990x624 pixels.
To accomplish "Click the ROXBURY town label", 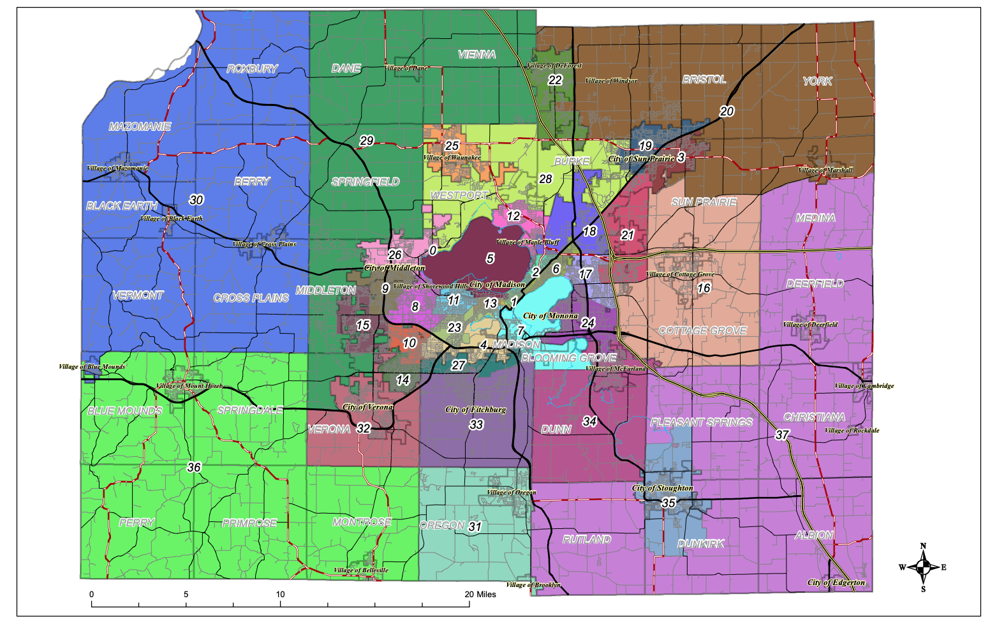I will pos(252,69).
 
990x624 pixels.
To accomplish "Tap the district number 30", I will pos(196,200).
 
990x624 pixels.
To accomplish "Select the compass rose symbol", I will pos(922,567).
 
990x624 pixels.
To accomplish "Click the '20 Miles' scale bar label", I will pos(480,594).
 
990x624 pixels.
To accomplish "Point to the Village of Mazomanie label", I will pos(117,168).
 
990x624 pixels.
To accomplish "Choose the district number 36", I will pos(194,467).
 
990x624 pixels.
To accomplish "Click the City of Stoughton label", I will pos(662,488).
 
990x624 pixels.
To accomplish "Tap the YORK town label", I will pos(817,81).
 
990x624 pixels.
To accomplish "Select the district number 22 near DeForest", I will pos(555,80).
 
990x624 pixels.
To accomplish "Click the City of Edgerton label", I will pos(836,582).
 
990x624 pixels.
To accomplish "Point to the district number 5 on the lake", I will pos(490,258).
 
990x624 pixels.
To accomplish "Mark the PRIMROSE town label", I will pos(249,523).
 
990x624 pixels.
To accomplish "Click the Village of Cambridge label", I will pos(864,386).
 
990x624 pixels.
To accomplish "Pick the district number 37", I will pos(782,435).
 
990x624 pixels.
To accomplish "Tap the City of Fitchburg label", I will pos(475,410).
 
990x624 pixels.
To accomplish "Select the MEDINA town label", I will pos(815,218).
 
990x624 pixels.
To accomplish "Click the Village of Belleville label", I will pos(360,570).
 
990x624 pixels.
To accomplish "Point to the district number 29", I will pos(366,141).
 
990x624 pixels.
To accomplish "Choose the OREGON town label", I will pos(442,526).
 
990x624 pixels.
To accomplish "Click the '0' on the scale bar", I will pos(92,594).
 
